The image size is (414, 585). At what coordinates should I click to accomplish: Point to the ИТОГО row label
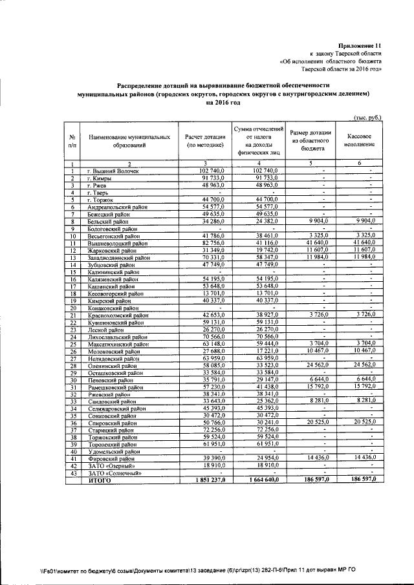(100, 480)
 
